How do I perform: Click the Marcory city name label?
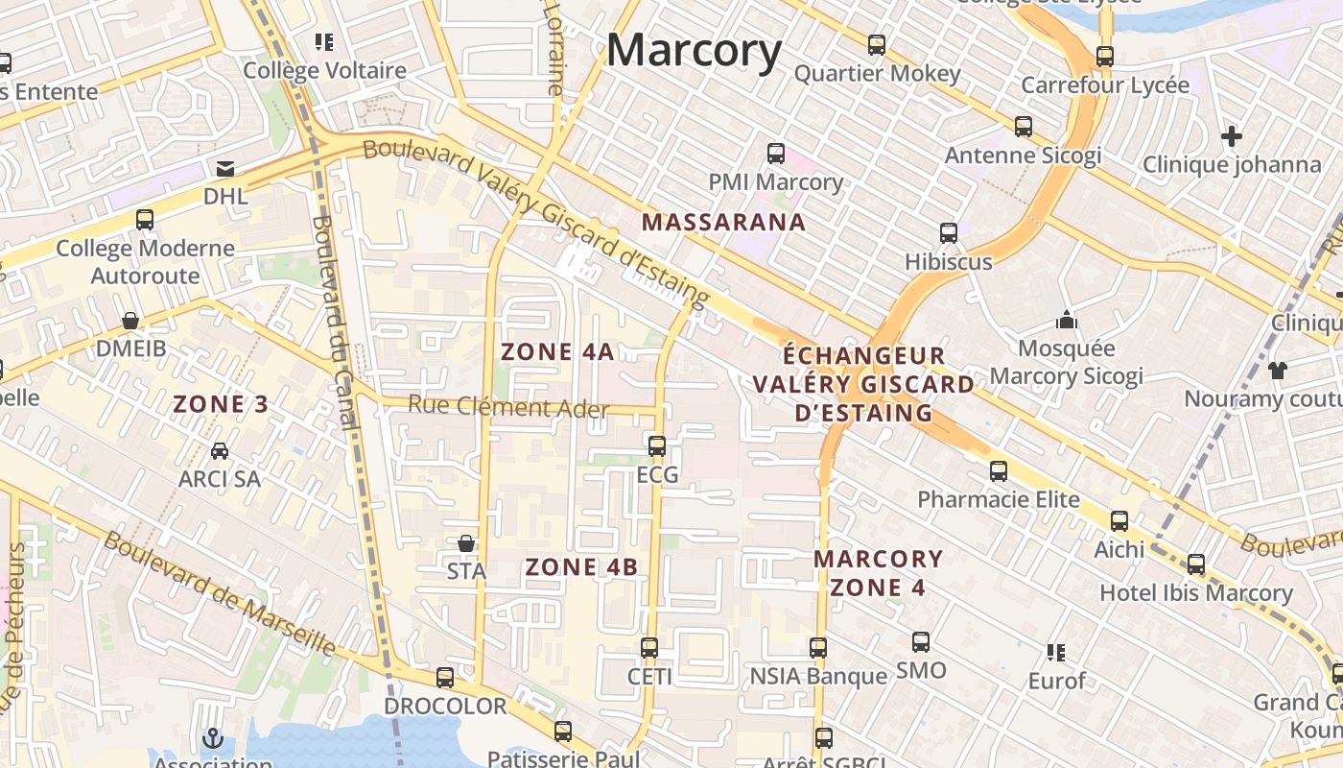point(694,50)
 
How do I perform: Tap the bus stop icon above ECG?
point(657,445)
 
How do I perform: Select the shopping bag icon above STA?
point(466,543)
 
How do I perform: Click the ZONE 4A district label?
point(557,351)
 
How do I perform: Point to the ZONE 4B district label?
point(581,567)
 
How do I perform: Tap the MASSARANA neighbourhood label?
point(723,223)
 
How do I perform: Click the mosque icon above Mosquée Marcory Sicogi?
point(1066,320)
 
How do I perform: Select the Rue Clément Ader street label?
point(508,407)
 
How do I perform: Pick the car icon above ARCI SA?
point(220,450)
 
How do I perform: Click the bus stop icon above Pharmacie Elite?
point(999,471)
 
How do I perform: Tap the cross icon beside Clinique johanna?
point(1232,136)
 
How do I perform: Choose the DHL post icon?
point(225,169)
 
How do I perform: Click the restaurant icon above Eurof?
point(1056,653)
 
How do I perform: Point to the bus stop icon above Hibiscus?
point(949,232)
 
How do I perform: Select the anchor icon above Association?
point(212,738)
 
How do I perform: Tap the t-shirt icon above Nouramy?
point(1277,370)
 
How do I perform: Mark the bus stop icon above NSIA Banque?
point(818,648)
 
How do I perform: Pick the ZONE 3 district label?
point(221,404)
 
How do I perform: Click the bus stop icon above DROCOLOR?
point(445,678)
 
